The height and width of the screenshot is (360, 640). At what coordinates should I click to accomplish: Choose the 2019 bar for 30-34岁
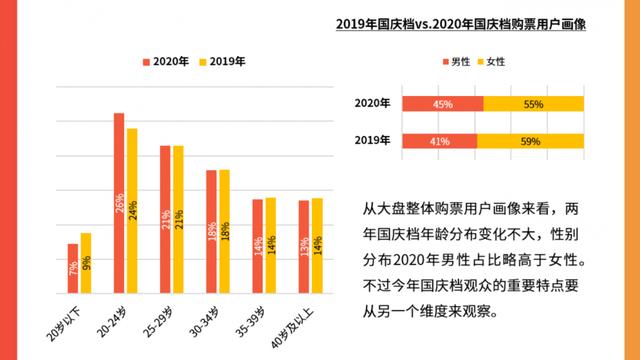pyautogui.click(x=224, y=230)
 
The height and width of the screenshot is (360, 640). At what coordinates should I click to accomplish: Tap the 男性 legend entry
pyautogui.click(x=456, y=62)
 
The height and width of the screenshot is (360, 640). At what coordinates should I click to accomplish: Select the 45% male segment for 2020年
pyautogui.click(x=442, y=104)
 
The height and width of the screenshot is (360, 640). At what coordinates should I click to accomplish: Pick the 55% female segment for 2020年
pyautogui.click(x=533, y=104)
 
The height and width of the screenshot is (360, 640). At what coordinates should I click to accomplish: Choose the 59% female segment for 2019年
pyautogui.click(x=530, y=140)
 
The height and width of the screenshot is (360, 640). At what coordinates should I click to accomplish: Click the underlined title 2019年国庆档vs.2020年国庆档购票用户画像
pyautogui.click(x=459, y=25)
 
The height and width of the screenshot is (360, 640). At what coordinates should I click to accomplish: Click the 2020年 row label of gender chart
pyautogui.click(x=373, y=104)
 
